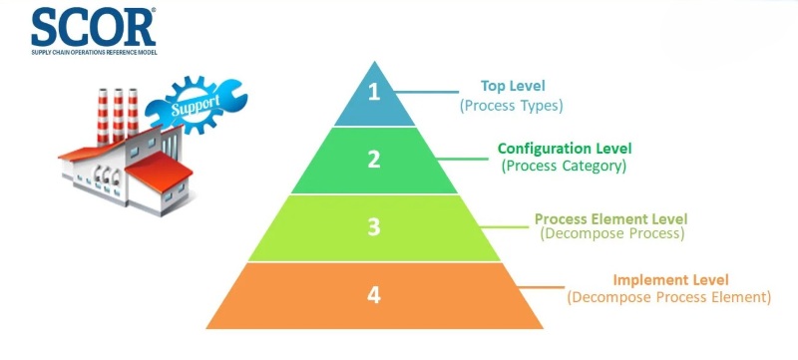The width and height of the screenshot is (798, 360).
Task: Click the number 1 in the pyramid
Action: [374, 94]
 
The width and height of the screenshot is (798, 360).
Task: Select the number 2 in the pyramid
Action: [374, 160]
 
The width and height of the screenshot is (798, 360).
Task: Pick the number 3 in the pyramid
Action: [374, 227]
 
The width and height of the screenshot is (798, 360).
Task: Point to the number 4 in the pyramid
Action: [374, 295]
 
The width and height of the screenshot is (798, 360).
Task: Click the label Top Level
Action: [514, 86]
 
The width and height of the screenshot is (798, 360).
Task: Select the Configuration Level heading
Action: [565, 149]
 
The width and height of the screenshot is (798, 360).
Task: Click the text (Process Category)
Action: [565, 167]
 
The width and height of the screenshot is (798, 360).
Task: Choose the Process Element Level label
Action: [610, 218]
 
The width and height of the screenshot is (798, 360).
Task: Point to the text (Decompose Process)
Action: [610, 234]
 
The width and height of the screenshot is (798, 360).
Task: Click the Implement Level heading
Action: [670, 279]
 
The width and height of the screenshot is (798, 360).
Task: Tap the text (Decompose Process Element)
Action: [669, 297]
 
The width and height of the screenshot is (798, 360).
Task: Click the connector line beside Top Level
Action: [440, 95]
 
